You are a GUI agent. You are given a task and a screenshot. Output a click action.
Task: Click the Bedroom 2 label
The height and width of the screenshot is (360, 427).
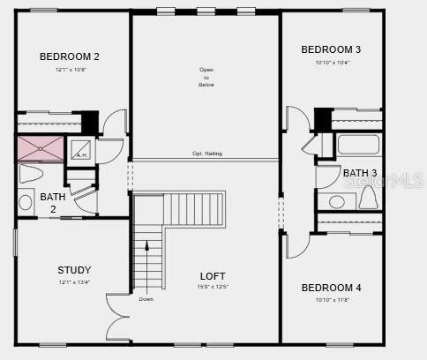pyautogui.click(x=70, y=56)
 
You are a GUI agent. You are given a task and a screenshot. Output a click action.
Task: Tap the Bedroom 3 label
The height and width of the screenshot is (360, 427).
pyautogui.click(x=331, y=49)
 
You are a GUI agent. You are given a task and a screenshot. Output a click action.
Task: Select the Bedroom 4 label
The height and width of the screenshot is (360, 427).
pyautogui.click(x=331, y=288)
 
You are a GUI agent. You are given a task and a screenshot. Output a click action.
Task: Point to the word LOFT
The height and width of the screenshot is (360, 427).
pyautogui.click(x=213, y=276)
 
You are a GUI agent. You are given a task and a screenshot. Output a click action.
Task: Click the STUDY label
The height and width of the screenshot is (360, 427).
pyautogui.click(x=74, y=270)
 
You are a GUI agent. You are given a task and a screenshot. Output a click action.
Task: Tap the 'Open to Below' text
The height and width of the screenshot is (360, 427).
pyautogui.click(x=206, y=78)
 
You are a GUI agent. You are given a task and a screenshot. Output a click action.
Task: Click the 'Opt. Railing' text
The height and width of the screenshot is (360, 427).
pyautogui.click(x=207, y=154)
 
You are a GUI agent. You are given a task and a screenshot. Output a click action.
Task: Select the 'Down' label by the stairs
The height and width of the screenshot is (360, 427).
pyautogui.click(x=146, y=298)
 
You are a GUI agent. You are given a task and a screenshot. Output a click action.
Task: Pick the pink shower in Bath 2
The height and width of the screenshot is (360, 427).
pyautogui.click(x=41, y=148)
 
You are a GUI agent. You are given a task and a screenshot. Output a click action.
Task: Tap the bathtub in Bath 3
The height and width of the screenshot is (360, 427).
pyautogui.click(x=358, y=145)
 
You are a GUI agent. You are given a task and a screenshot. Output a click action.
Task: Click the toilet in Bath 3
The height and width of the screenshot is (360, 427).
pyautogui.click(x=368, y=198)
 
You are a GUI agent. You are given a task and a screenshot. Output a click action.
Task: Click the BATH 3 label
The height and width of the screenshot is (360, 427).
pyautogui.click(x=360, y=173)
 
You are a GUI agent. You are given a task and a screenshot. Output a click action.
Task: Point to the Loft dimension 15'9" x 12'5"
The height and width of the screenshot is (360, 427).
pyautogui.click(x=213, y=287)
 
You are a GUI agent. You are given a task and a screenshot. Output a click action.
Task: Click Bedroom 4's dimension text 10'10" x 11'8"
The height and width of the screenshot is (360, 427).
pyautogui.click(x=331, y=300)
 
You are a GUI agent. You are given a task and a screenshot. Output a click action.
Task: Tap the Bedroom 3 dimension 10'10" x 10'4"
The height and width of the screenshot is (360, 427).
pyautogui.click(x=332, y=62)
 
